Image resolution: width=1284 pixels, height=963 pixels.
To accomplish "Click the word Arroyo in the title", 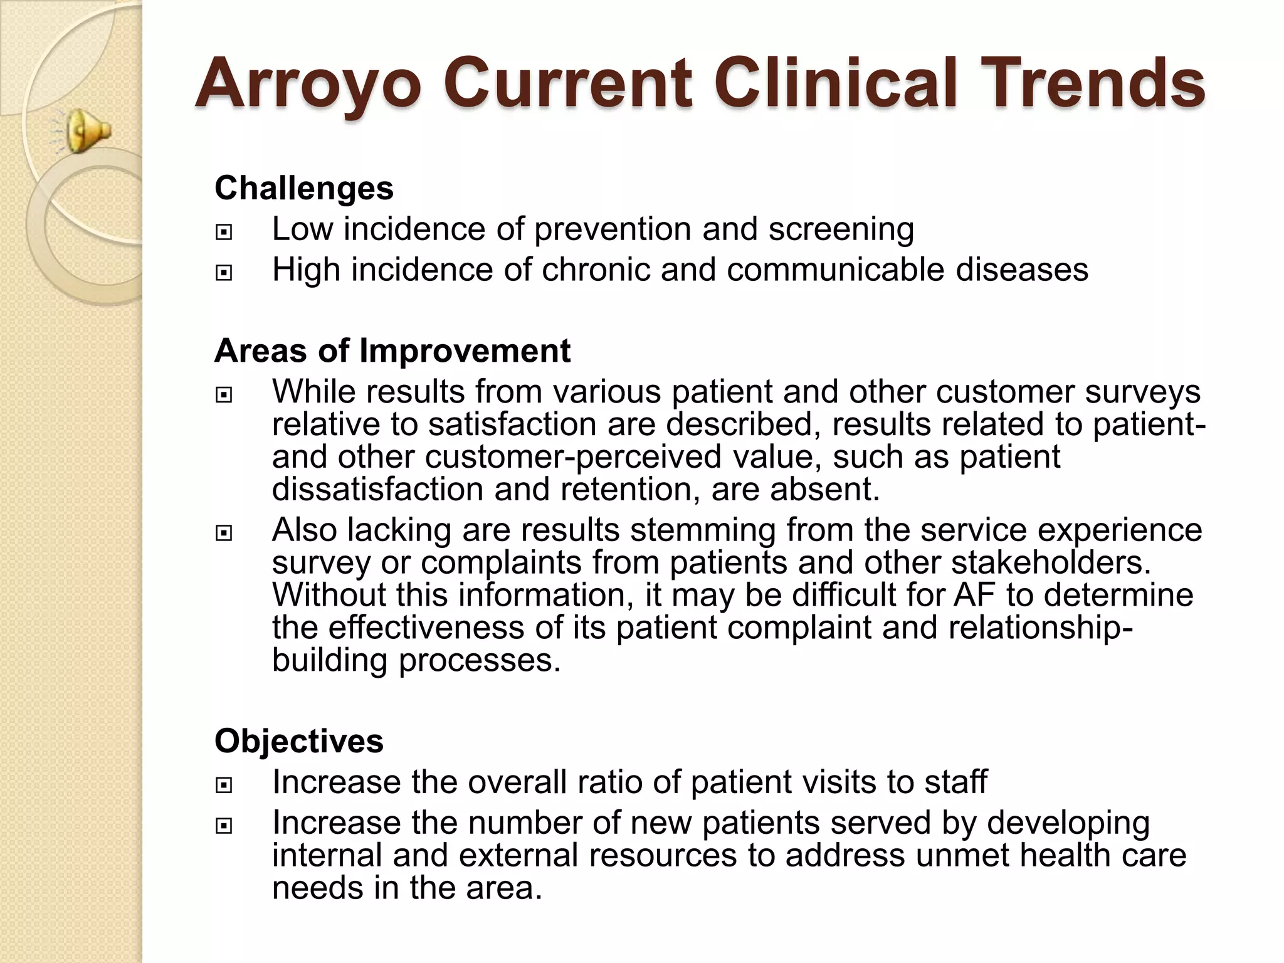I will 308,83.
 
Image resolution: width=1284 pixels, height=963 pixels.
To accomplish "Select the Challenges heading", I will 304,188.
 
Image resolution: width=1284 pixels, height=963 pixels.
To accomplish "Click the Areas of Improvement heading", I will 392,350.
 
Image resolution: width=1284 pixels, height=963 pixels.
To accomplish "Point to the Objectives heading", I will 299,741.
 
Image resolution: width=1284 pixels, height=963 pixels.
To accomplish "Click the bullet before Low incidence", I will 223,233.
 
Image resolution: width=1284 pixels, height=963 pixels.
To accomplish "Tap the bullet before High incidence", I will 223,273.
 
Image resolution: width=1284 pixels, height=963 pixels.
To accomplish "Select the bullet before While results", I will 223,395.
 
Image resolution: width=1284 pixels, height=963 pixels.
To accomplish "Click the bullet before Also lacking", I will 223,534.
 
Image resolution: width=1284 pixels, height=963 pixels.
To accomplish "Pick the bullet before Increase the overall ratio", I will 223,786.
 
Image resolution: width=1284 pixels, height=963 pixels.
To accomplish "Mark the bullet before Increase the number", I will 223,826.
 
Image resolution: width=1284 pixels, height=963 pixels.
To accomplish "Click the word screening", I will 841,229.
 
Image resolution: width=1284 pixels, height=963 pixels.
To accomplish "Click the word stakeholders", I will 1051,562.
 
